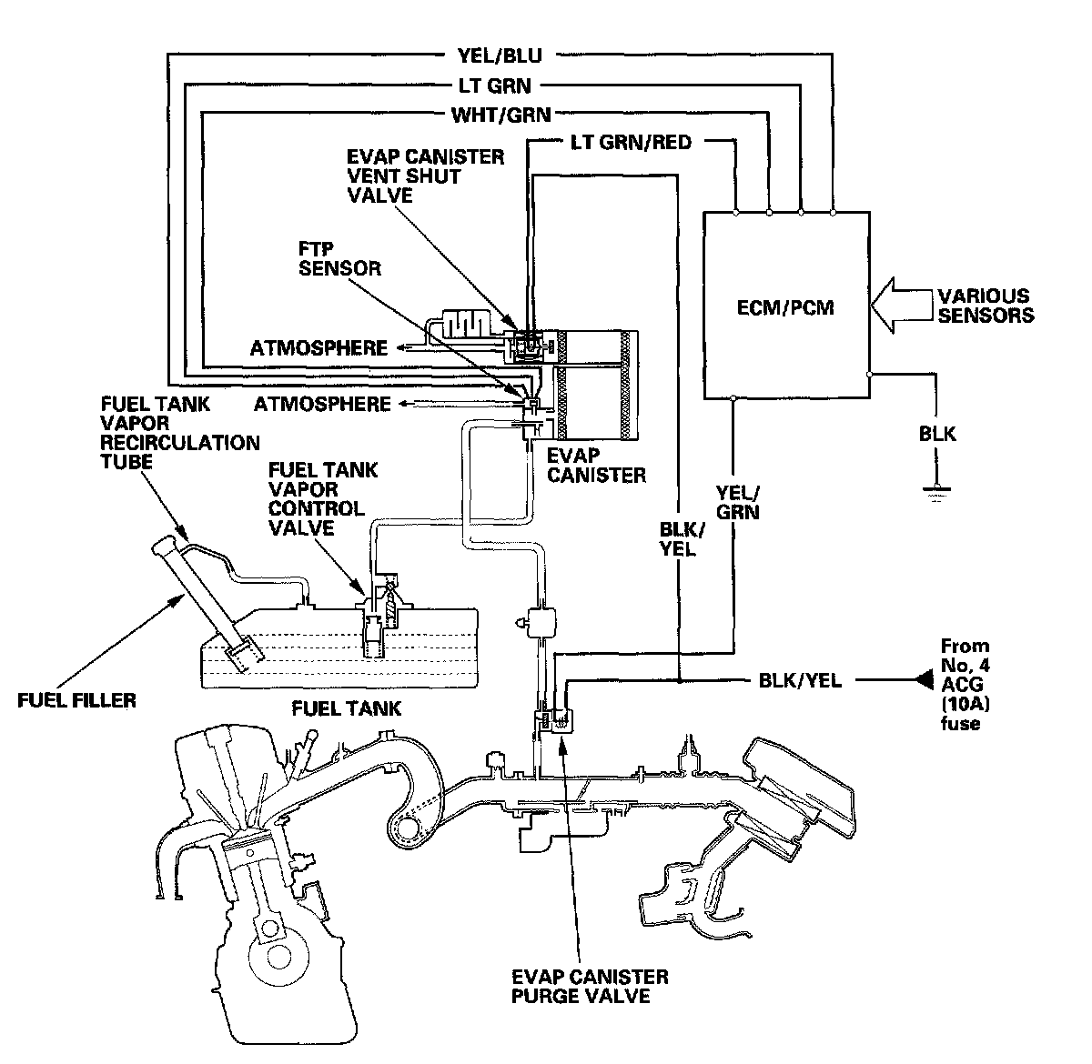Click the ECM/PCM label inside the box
coord(784,307)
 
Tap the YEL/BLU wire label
coord(500,55)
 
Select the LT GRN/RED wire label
coord(631,142)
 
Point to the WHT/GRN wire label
coord(501,115)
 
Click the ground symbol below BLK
coord(936,493)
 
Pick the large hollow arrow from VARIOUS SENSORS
coord(903,306)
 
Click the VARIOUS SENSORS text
coord(986,306)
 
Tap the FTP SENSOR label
coord(339,258)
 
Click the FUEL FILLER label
coord(76,700)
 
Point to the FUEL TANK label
coord(346,708)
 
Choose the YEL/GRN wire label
coord(737,503)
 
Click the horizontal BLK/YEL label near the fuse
coord(800,680)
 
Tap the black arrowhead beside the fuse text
coord(924,680)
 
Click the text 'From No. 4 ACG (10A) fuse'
coord(966,684)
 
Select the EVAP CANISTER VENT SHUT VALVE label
coord(425,176)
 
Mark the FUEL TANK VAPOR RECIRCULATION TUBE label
coord(179,433)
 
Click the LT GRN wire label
coord(494,85)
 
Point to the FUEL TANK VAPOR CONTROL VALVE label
coord(323,498)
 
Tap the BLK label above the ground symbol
coord(937,434)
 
